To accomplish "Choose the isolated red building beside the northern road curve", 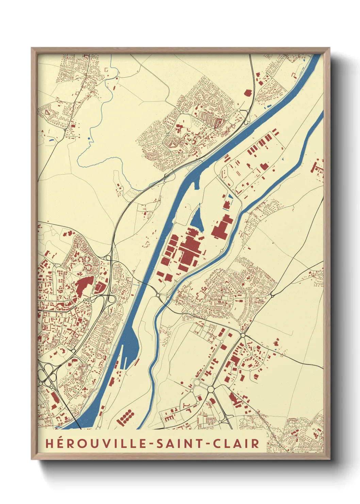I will tap(247, 92).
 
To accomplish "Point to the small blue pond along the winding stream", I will tap(89, 138).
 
